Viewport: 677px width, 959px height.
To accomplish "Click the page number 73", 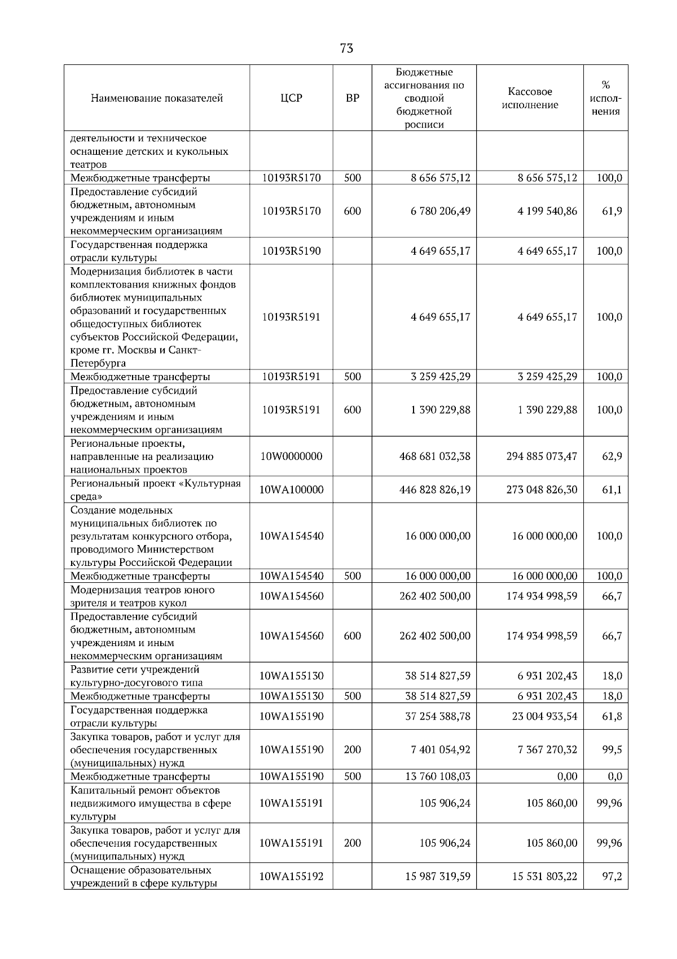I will click(346, 49).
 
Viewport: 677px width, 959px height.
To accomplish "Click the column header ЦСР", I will click(291, 98).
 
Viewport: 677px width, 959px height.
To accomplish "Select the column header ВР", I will click(352, 98).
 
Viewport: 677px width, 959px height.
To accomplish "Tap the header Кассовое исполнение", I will click(530, 98).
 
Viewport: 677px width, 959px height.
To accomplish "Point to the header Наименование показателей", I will click(157, 98).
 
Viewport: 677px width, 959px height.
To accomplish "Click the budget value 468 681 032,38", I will click(434, 456).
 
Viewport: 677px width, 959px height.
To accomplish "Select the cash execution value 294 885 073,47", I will click(542, 456).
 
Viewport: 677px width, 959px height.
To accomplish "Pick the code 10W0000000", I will click(291, 456).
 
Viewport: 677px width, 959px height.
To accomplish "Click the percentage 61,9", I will click(612, 211).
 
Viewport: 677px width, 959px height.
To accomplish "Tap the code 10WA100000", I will click(291, 490).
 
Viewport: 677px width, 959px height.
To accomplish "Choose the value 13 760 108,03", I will click(437, 777).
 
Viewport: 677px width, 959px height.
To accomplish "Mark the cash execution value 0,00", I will click(567, 777).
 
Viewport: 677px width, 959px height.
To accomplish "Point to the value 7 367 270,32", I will click(547, 750).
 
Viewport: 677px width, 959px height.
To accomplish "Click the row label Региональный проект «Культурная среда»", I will click(156, 490).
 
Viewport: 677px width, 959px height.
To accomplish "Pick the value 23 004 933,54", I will click(544, 717).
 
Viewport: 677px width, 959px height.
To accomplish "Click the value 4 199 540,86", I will click(547, 211).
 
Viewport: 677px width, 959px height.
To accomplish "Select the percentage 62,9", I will click(612, 456).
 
